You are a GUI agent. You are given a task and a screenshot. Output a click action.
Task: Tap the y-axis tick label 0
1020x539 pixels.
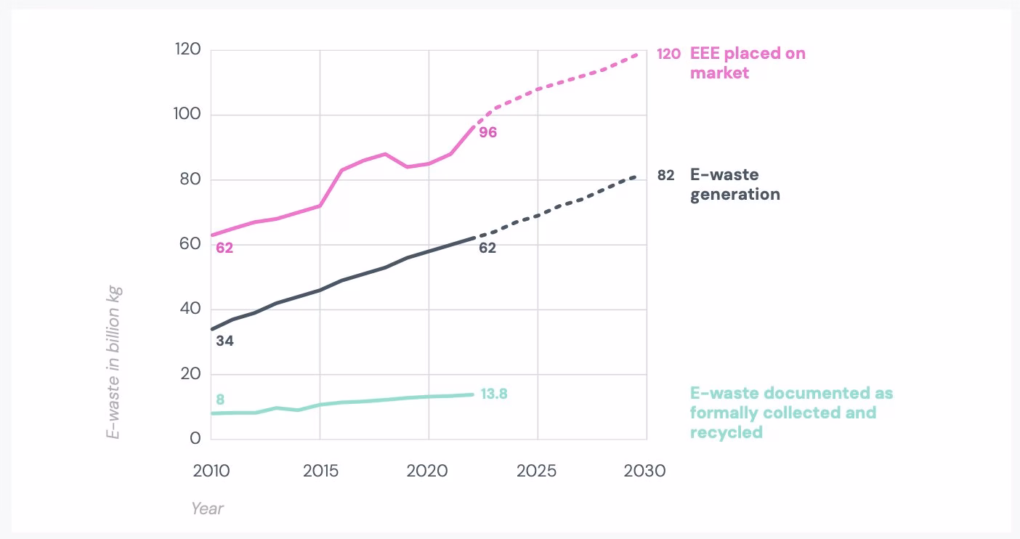tap(195, 439)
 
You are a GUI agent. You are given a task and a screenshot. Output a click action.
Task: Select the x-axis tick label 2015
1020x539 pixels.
tap(320, 471)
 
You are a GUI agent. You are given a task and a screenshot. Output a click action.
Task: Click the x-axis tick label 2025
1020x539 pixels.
tap(536, 471)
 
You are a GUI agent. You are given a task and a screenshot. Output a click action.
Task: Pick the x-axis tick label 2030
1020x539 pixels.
tap(644, 471)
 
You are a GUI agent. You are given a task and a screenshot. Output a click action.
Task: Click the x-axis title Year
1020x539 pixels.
tap(207, 508)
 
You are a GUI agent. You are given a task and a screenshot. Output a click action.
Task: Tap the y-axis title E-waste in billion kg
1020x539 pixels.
tap(113, 362)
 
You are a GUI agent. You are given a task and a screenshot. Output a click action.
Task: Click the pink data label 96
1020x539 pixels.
tap(487, 133)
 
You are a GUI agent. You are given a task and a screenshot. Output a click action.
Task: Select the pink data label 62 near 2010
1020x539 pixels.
tap(224, 248)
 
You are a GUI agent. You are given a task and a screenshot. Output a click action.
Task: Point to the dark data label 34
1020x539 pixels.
tap(224, 340)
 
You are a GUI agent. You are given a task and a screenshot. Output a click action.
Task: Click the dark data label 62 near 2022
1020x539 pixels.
tap(487, 248)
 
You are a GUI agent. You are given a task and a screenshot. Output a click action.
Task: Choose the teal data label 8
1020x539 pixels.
tap(220, 400)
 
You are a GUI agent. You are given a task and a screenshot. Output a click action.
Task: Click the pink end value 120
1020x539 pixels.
tap(668, 54)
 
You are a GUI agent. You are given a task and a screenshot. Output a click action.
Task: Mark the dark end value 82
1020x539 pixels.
tap(665, 175)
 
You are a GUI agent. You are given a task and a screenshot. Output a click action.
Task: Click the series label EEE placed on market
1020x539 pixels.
tap(747, 63)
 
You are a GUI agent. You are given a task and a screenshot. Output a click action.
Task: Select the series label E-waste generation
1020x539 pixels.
tap(734, 185)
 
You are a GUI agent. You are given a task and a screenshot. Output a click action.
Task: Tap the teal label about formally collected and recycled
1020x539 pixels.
tap(790, 413)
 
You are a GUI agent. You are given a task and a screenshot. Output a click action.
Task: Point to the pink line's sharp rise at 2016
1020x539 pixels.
tap(341, 171)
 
